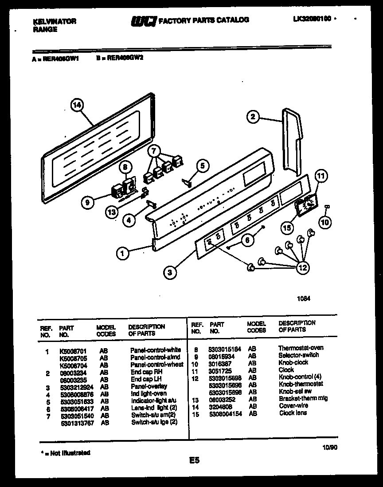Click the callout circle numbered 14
[77, 106]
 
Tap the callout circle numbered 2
[253, 117]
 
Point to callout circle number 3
[169, 273]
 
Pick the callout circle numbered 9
[88, 203]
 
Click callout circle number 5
[202, 166]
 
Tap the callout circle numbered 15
[288, 228]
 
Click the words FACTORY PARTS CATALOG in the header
[203, 20]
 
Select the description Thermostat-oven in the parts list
[301, 348]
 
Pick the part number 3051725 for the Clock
[219, 370]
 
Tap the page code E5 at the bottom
[194, 460]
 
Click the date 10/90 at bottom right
[330, 448]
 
